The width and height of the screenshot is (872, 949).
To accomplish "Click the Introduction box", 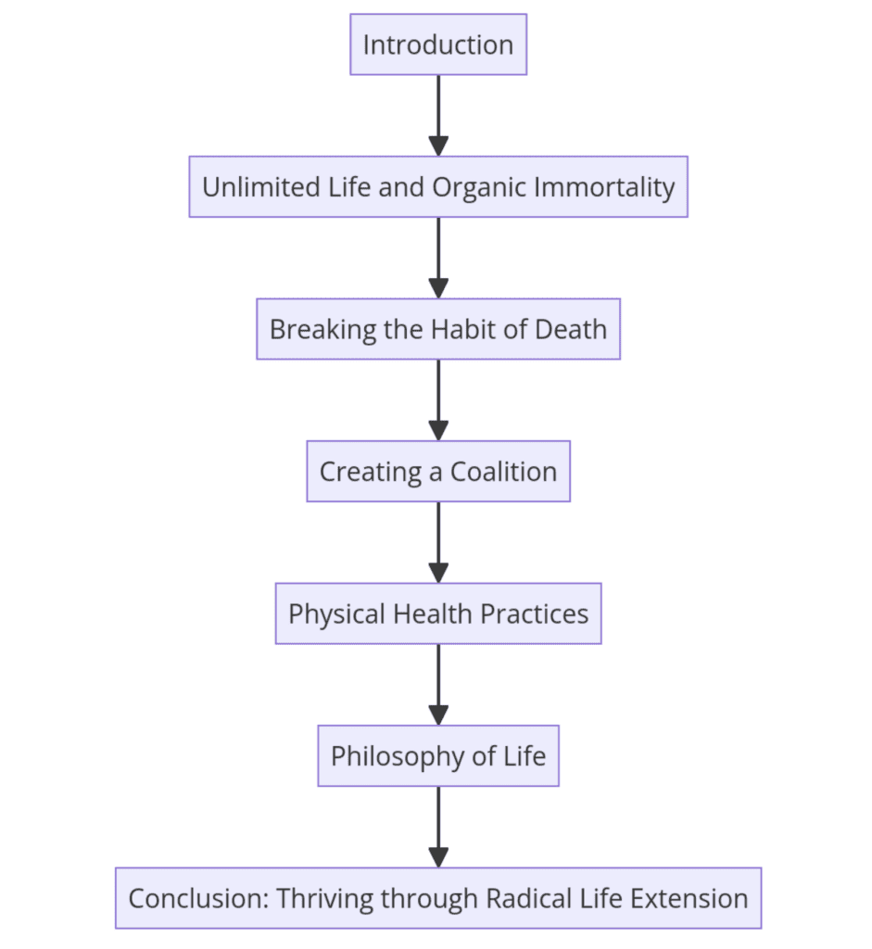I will (x=437, y=44).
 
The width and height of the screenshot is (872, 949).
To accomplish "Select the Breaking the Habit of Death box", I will (x=437, y=329).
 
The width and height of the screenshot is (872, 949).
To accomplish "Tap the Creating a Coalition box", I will (x=437, y=472).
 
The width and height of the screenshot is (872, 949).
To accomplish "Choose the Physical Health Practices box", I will (x=437, y=614).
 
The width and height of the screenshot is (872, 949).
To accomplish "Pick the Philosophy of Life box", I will (x=437, y=756).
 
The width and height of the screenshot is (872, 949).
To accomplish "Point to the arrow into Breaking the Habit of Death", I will (x=438, y=258).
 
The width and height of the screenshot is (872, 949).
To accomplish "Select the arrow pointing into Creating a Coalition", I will (x=438, y=399).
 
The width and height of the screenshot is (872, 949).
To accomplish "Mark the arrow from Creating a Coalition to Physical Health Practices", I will (x=438, y=542).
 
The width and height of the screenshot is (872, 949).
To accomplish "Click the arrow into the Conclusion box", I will (x=438, y=827).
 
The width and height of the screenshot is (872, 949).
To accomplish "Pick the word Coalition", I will (x=503, y=472).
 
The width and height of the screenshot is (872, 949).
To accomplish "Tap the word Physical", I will (x=334, y=614).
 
